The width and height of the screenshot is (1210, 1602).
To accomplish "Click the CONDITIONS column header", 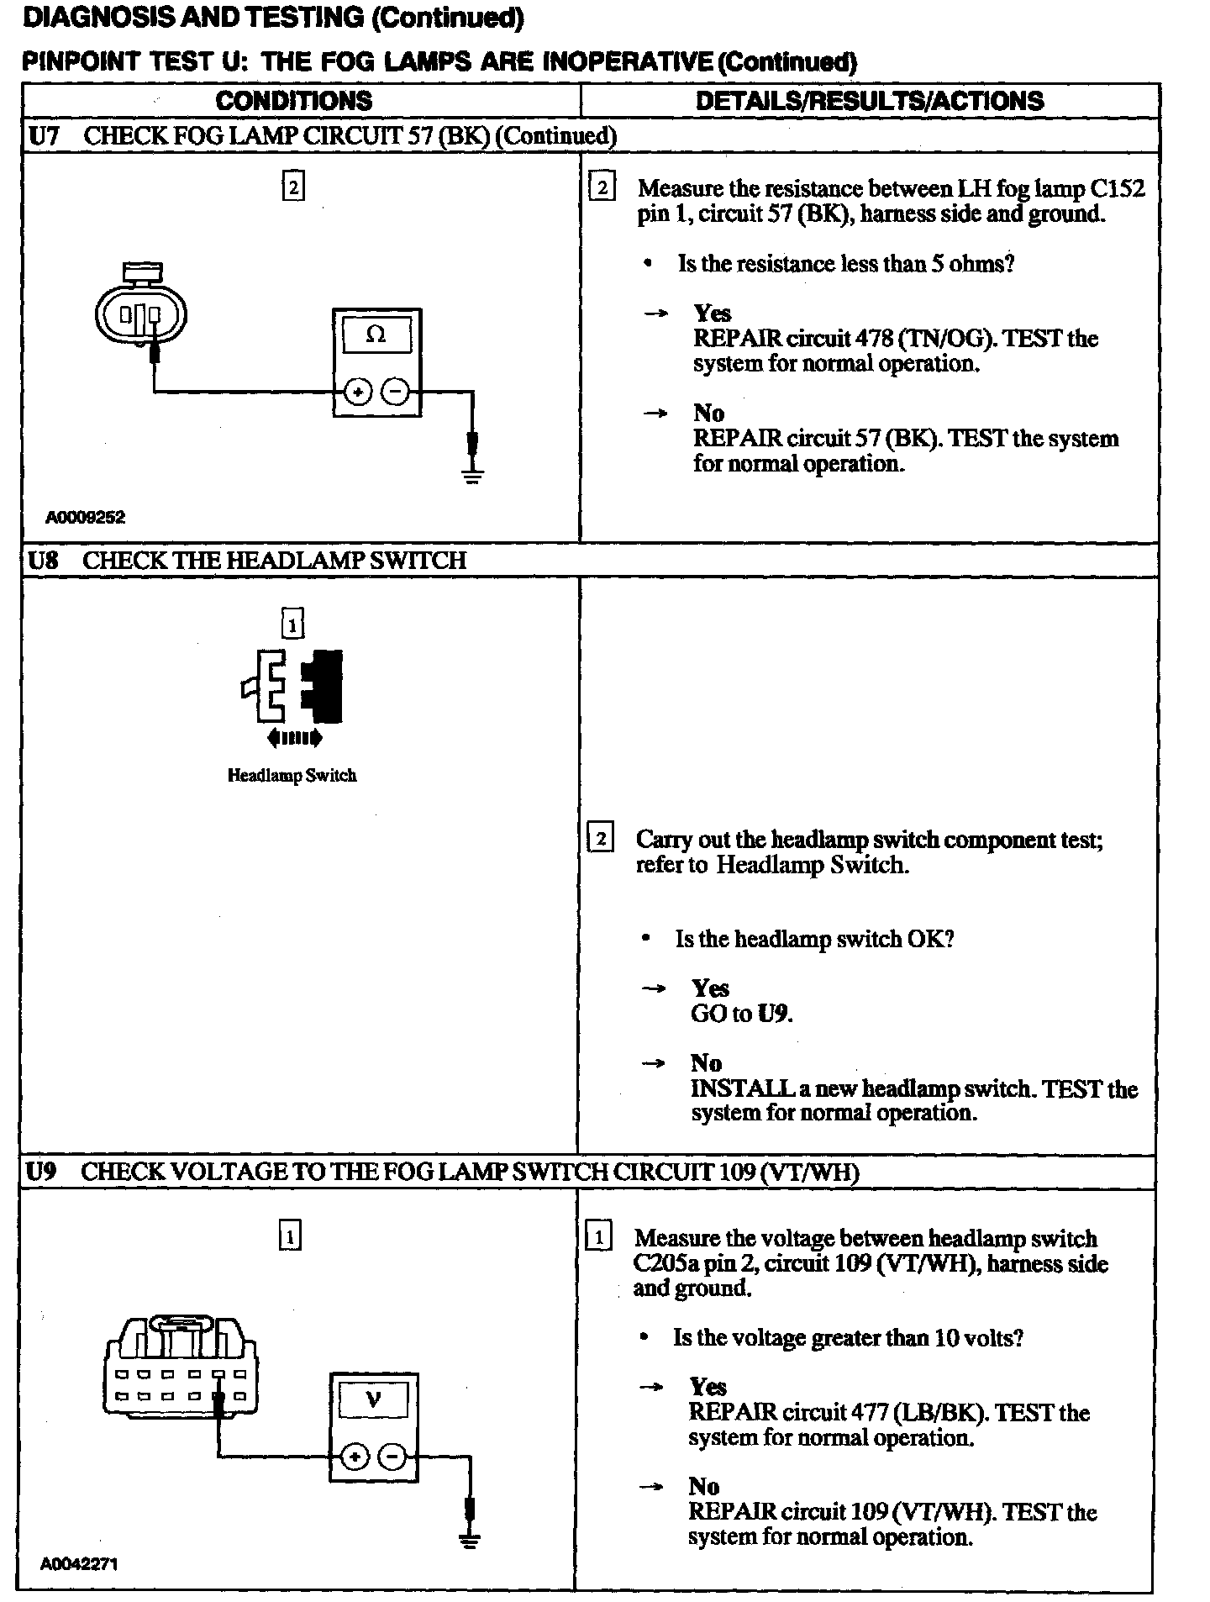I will coord(293,101).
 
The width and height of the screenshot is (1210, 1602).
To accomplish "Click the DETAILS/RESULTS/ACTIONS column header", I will coord(869,101).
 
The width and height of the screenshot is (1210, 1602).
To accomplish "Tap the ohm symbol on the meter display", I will coord(376,335).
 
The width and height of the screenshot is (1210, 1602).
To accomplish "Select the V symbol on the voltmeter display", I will coord(373,1399).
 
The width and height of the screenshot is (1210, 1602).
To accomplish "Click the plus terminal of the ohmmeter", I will coord(358,392).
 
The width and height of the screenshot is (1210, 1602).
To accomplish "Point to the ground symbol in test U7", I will coord(473,477).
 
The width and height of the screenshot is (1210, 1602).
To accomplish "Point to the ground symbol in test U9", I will coord(470,1541).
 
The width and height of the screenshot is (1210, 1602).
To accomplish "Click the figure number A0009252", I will coord(85,518).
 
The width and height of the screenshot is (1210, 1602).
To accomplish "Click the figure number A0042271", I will coord(79,1564).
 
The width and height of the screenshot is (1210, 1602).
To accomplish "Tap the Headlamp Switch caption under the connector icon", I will coord(292,775).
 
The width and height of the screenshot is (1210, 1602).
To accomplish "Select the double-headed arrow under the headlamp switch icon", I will coord(293,739).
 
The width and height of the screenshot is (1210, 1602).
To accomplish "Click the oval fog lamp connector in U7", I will coord(140,315).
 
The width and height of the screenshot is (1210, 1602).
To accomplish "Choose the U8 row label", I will coord(43,561).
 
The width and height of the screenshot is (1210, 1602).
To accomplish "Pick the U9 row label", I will coord(41,1172).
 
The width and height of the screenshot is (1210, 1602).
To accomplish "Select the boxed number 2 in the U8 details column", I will coord(600,839).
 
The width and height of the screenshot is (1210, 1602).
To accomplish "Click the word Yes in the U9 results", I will coord(708,1386).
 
